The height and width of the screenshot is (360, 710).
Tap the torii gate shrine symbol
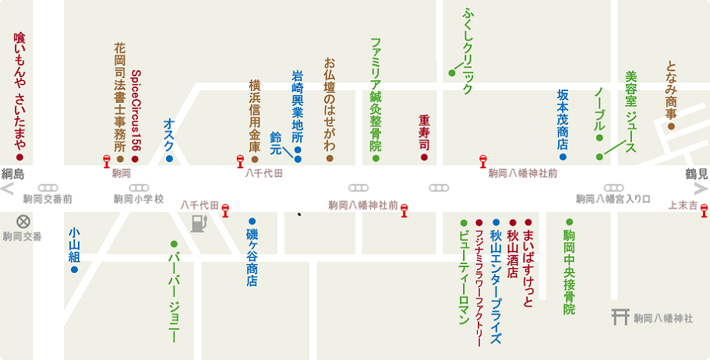point(620,317)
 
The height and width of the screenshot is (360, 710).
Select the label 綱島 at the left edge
point(15,173)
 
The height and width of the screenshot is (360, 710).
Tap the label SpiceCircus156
point(136,110)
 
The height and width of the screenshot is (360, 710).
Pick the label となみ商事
point(671,90)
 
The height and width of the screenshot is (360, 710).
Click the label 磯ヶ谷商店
point(252,258)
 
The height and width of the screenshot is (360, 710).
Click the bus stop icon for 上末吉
point(705,209)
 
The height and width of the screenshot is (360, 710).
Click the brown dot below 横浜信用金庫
point(255,159)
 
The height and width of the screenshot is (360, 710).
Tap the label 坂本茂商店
point(563,119)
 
